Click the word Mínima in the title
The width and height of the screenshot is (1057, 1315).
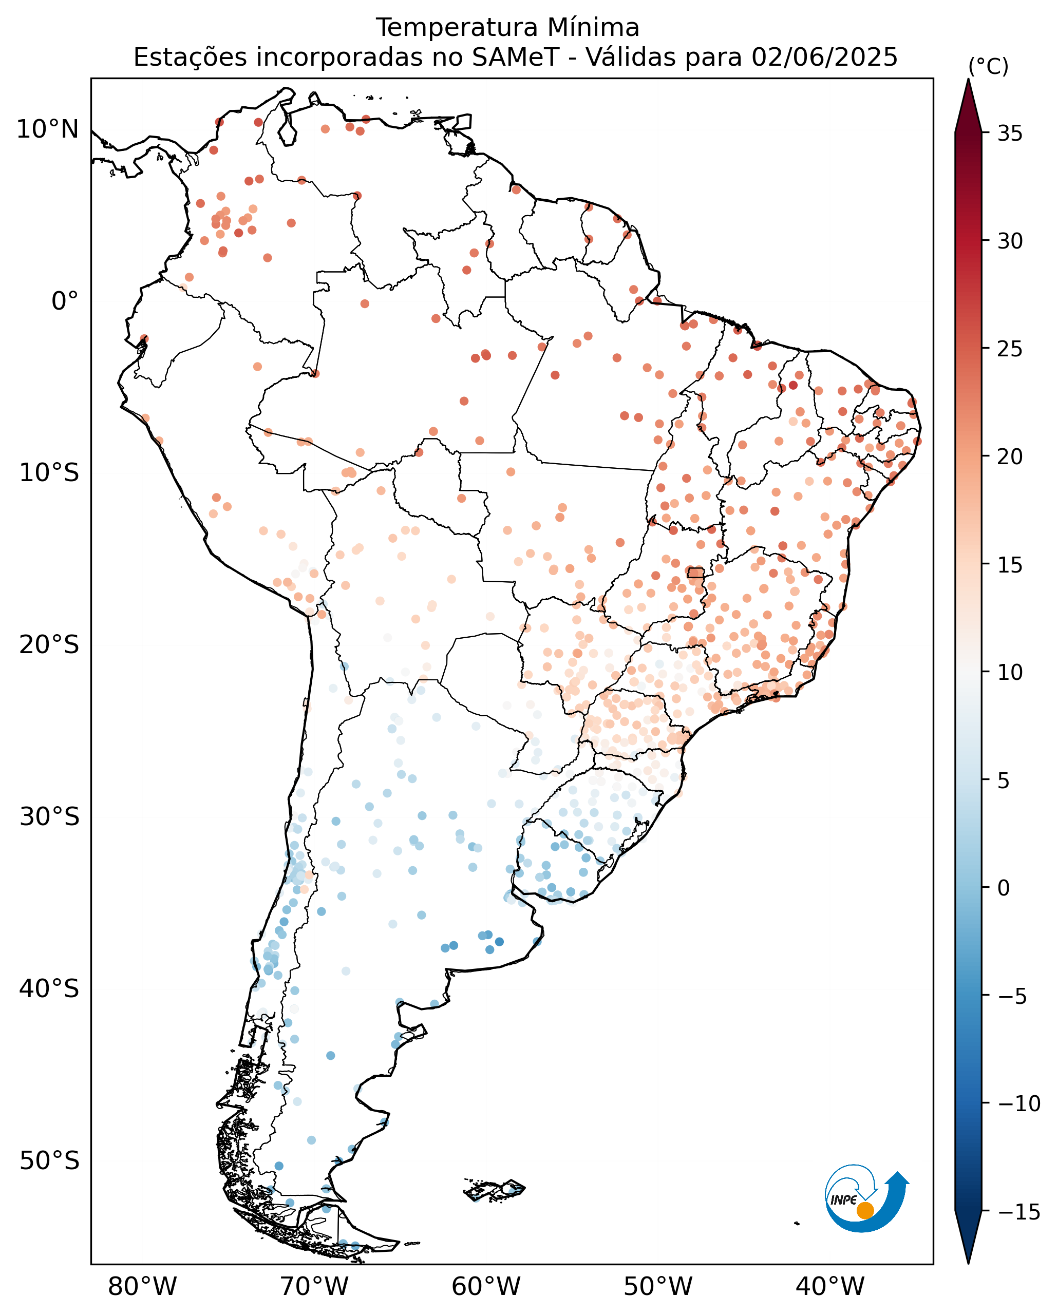[x=593, y=28]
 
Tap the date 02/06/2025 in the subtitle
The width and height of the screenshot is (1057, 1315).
[x=825, y=58]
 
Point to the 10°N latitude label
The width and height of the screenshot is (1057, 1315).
[x=48, y=129]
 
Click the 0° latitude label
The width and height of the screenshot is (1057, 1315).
[x=65, y=301]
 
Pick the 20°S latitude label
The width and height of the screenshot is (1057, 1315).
[x=49, y=645]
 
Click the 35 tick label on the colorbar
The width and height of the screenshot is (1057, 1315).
[x=1010, y=134]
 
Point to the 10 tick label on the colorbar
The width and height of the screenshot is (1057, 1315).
[x=1010, y=672]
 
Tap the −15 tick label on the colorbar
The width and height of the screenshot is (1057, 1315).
[x=1018, y=1212]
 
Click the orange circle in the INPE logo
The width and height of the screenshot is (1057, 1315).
[x=865, y=1210]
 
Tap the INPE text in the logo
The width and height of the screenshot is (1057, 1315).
[x=843, y=1199]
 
